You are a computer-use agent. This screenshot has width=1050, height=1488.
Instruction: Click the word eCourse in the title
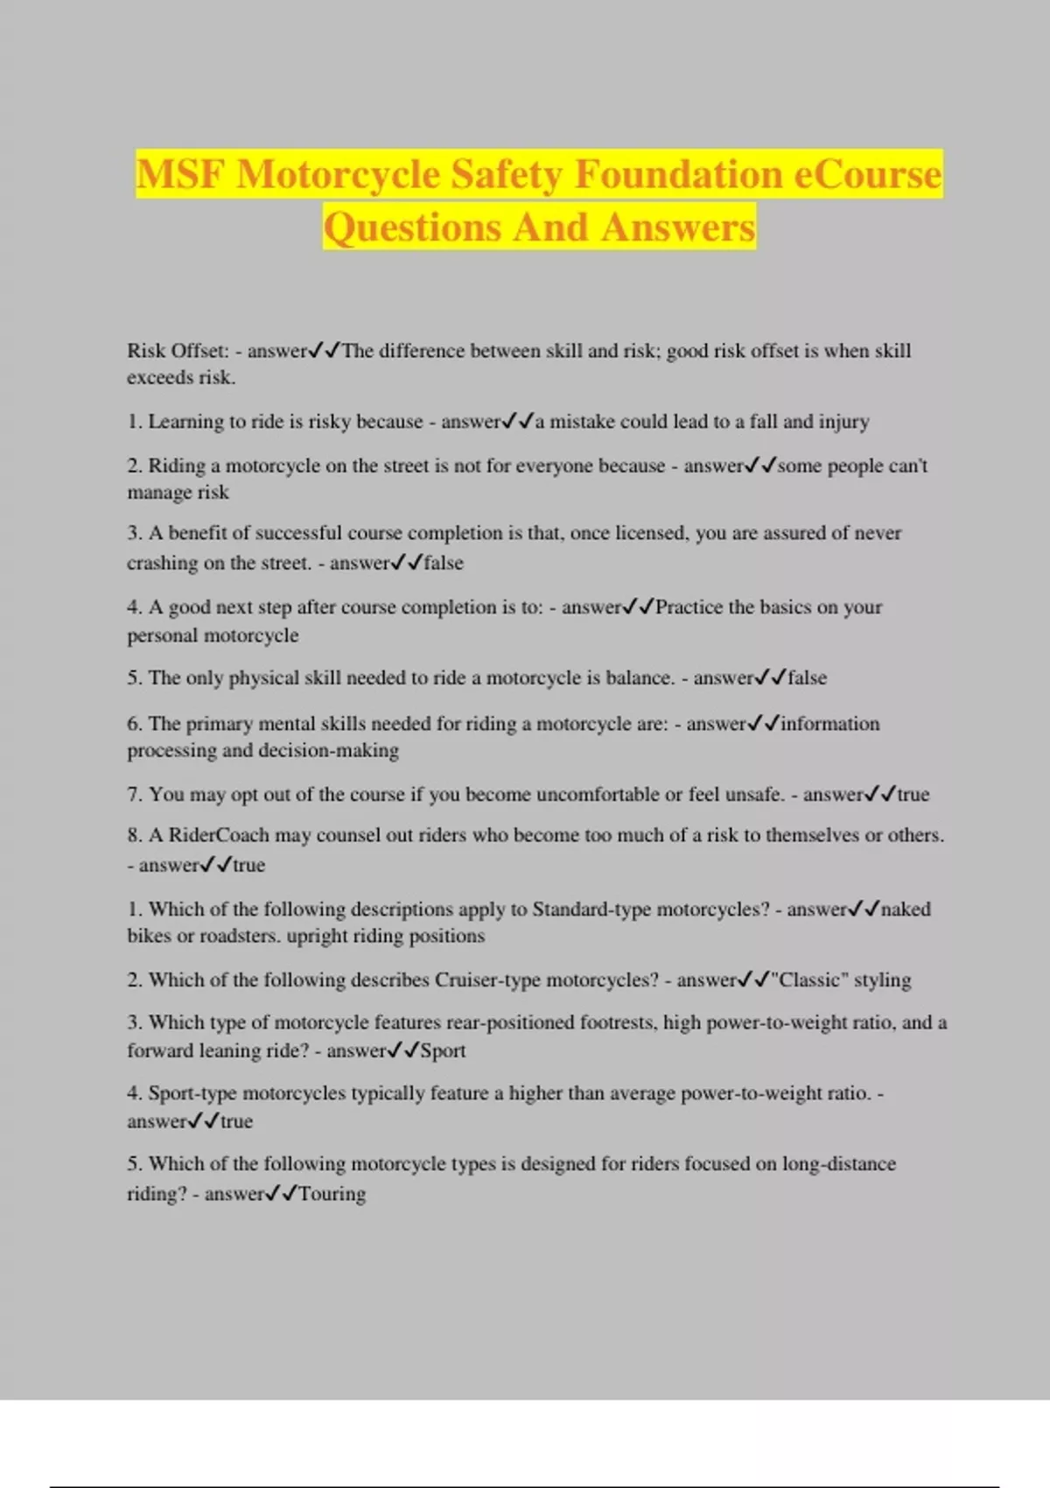pyautogui.click(x=867, y=174)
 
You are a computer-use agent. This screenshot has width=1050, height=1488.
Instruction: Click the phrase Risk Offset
pyautogui.click(x=178, y=351)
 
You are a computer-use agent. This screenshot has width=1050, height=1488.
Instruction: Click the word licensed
pyautogui.click(x=651, y=533)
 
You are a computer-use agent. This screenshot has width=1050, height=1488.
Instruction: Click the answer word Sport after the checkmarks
pyautogui.click(x=443, y=1051)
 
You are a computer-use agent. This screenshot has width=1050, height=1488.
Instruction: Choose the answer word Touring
pyautogui.click(x=332, y=1194)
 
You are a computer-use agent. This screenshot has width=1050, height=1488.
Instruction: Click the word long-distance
pyautogui.click(x=839, y=1164)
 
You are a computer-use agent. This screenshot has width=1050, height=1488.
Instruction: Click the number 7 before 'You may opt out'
pyautogui.click(x=134, y=795)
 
